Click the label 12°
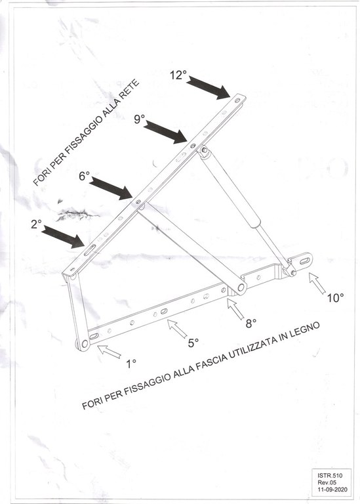coord(178,75)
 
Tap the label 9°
coord(139,119)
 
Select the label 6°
coord(85,176)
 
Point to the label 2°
coord(36,224)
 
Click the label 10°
coord(335,298)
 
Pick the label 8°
coord(251,324)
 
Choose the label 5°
coord(193,343)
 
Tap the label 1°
coord(131,364)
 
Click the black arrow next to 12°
coord(209,87)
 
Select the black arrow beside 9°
coord(165,132)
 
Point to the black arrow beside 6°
coord(111,188)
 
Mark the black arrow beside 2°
coord(63,236)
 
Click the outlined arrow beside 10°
coord(317,283)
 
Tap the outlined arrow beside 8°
coord(235,308)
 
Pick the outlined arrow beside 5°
coord(177,329)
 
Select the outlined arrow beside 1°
coord(109,351)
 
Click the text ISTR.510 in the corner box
coord(330,475)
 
